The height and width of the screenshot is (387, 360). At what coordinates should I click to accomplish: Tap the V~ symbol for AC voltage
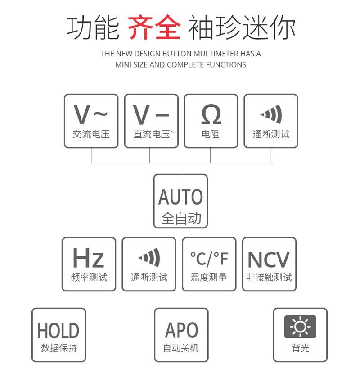91,114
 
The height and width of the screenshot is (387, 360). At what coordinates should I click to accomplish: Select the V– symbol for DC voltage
151,114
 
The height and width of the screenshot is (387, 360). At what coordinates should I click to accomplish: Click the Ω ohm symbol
211,114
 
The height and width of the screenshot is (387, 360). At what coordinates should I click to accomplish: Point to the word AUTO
180,197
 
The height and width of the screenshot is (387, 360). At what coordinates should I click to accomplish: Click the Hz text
89,258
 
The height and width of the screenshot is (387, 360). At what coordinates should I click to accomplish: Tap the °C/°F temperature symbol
209,259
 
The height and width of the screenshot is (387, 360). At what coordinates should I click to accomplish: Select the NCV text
269,260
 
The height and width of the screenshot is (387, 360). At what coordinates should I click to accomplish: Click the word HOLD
58,331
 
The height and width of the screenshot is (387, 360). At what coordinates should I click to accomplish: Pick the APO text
181,330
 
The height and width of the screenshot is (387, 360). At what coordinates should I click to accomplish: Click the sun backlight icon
300,327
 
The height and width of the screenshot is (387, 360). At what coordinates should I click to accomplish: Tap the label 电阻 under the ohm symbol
211,134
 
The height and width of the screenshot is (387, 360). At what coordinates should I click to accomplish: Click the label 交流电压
91,134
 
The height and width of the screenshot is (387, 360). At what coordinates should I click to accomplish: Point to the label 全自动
181,219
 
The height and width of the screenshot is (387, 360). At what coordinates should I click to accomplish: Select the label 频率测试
89,278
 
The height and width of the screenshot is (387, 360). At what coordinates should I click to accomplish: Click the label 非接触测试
269,278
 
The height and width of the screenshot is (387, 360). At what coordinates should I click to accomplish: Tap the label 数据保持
59,348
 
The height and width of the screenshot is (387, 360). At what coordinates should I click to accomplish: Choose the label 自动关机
181,348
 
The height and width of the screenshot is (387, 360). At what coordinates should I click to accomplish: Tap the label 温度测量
209,278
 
